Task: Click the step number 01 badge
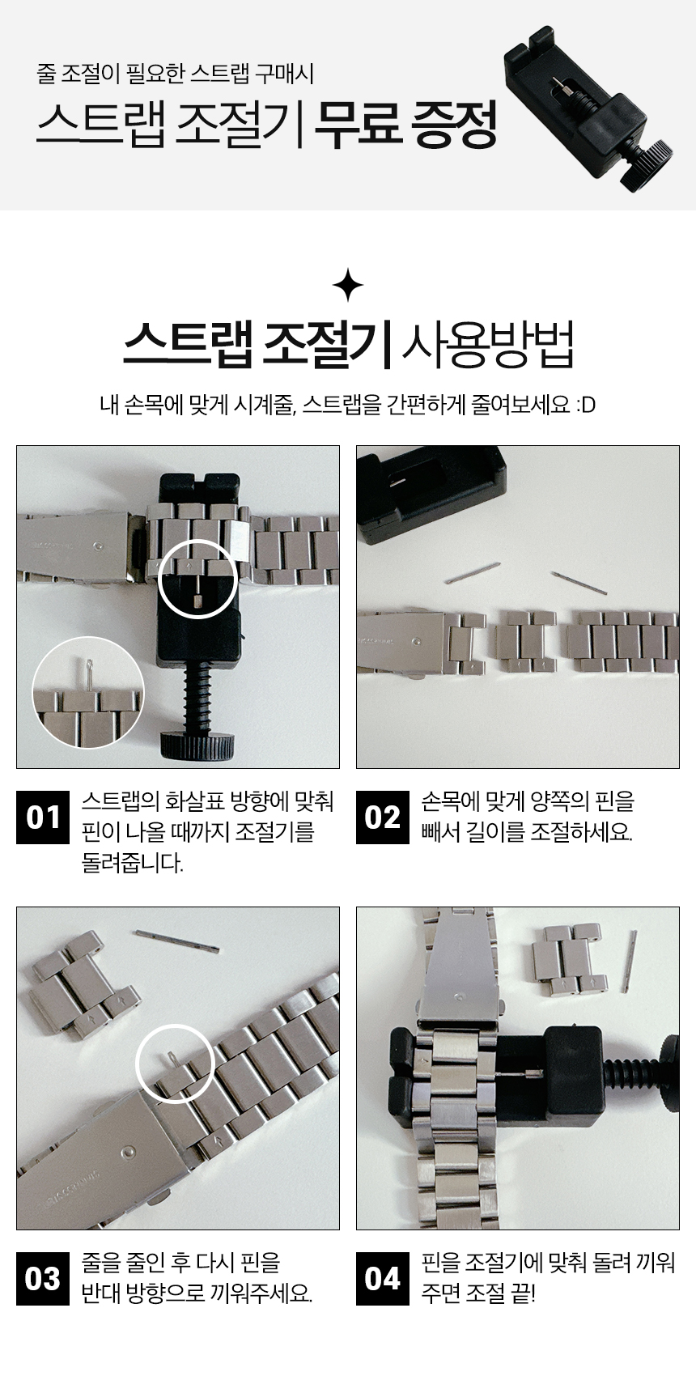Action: coord(43,817)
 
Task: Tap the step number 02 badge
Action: coord(383,817)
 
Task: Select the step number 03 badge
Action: coord(43,1278)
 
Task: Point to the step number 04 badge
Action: coord(383,1278)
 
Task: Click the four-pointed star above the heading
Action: coord(348,285)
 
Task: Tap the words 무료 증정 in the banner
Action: coord(405,124)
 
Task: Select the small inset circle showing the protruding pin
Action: coord(88,693)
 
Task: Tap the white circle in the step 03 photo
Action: coord(175,1064)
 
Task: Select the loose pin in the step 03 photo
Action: coord(177,941)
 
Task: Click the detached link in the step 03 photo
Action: coord(86,984)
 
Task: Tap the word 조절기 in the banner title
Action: coord(234,124)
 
